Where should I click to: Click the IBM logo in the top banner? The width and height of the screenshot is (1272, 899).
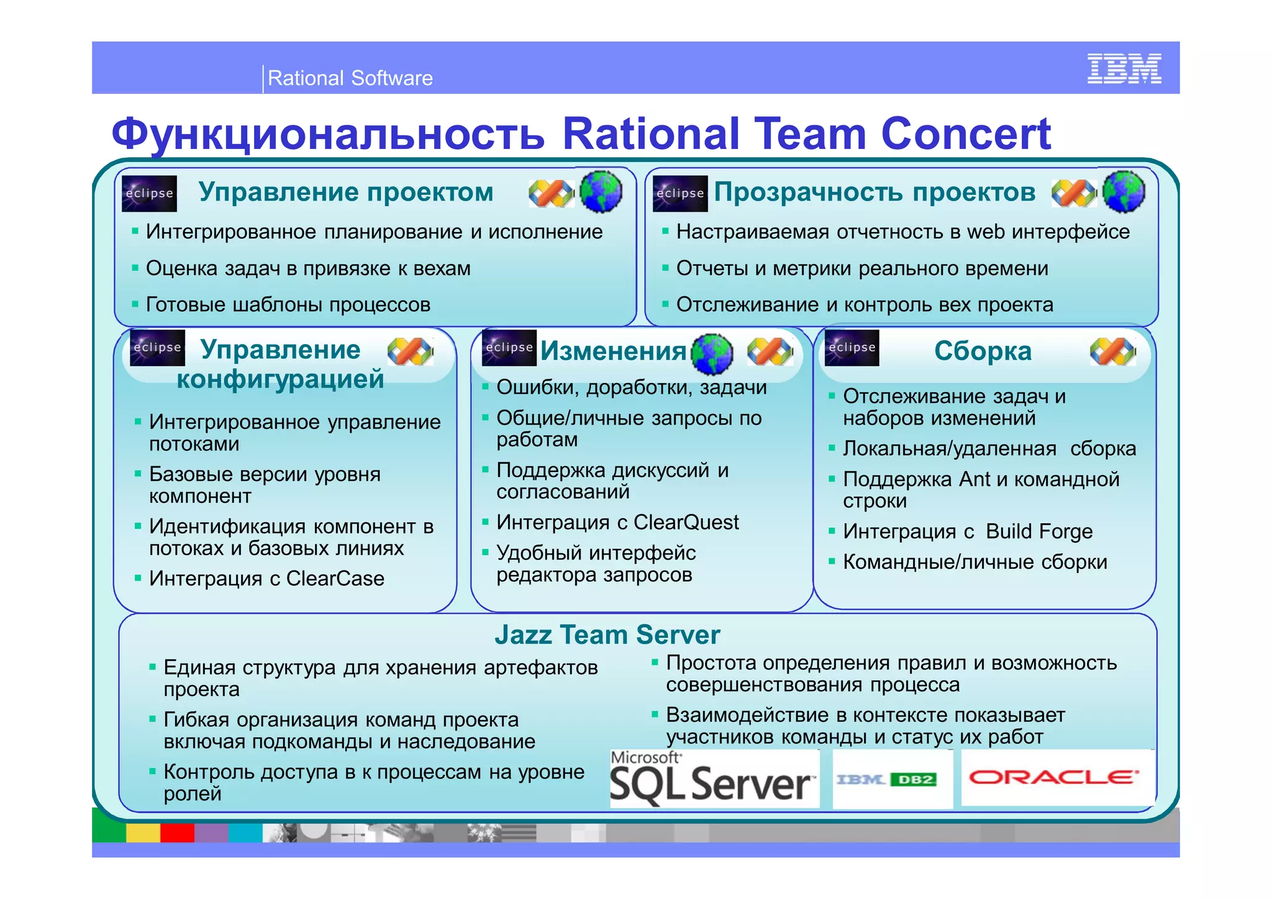coord(1124,68)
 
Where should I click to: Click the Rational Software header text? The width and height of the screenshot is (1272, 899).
coord(350,78)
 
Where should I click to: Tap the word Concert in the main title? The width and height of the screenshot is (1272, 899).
coord(966,134)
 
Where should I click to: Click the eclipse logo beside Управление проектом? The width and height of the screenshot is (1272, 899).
coord(149,193)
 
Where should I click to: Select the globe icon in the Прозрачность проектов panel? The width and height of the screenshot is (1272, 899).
coord(1124,191)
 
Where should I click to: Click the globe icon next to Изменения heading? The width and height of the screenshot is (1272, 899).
coord(712,354)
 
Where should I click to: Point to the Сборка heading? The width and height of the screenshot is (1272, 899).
coord(983,351)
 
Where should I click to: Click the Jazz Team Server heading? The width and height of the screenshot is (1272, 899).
coord(607,635)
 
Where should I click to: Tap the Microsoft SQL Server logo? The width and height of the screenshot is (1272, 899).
coord(713,779)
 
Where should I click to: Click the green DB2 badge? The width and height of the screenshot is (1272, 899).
coord(913,780)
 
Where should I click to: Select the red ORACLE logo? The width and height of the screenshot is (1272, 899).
coord(1053,777)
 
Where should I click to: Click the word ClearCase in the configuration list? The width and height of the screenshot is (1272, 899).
coord(335,579)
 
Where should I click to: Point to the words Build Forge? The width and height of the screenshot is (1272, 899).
coord(1038,531)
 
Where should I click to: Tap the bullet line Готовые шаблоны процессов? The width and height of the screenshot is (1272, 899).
coord(288,305)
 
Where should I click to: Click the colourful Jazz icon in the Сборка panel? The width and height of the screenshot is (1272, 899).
coord(1112,352)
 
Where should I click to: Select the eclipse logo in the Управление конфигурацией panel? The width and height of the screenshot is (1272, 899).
coord(157,348)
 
